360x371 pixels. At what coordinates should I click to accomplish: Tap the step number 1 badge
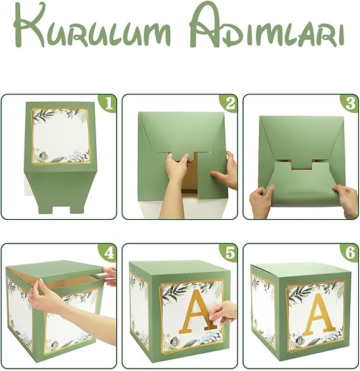click(x=108, y=103)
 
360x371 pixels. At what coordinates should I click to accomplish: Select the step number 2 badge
click(x=228, y=103)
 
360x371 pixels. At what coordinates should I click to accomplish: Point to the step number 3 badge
click(x=350, y=103)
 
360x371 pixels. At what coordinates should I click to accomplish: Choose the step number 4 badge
click(x=108, y=253)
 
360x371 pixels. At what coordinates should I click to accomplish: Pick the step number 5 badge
click(x=228, y=253)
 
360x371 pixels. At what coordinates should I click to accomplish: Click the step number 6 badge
click(x=350, y=253)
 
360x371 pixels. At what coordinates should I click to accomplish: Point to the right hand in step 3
click(x=346, y=200)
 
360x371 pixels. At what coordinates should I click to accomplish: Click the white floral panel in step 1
click(x=61, y=136)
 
